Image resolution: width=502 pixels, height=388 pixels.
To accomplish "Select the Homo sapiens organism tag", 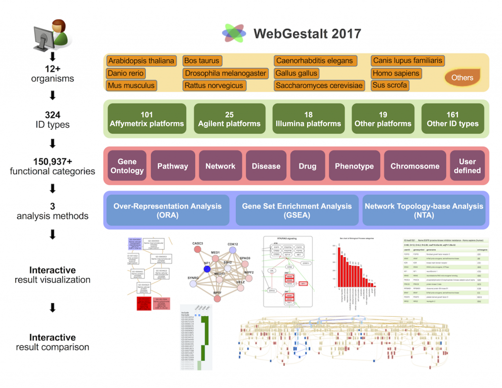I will (396, 73).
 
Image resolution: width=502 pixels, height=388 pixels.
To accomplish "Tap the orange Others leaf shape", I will (462, 77).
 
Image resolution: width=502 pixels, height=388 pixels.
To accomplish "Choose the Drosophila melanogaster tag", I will (226, 73).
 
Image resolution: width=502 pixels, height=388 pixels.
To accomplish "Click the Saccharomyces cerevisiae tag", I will (319, 85).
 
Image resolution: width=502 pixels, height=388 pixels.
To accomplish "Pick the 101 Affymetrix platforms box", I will (147, 119).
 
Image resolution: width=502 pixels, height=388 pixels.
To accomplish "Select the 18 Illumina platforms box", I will (308, 119).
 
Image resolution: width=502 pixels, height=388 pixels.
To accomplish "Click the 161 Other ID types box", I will (452, 119).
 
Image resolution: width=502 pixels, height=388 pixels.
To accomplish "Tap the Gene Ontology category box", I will (127, 166).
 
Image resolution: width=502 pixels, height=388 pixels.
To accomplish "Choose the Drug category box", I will (307, 166).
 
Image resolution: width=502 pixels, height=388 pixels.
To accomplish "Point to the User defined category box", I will (467, 166).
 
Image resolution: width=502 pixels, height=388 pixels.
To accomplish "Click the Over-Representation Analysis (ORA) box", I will (168, 211).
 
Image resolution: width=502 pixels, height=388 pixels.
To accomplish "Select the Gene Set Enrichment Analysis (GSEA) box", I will (297, 211).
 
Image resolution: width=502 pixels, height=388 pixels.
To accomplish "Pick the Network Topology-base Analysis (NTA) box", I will (424, 211).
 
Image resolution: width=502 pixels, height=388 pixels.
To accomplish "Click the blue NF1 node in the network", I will (207, 269).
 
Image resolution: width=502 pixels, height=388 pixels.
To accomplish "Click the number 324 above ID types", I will (51, 115).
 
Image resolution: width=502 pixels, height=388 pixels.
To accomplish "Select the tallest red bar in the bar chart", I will (339, 267).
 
